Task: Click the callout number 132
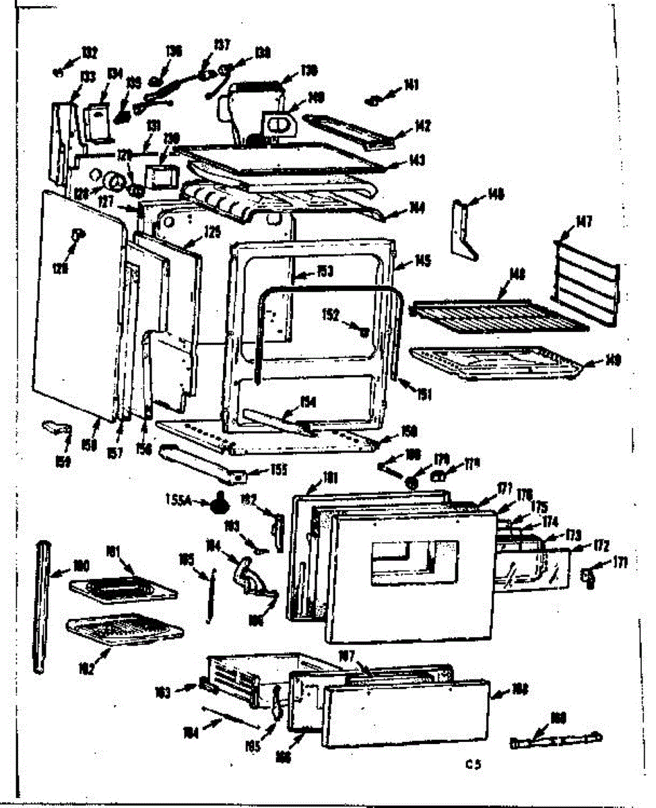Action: (89, 53)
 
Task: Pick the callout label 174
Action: (550, 520)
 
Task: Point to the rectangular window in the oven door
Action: (414, 558)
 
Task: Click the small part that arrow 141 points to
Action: (371, 101)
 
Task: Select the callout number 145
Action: (423, 261)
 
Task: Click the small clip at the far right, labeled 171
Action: (587, 576)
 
